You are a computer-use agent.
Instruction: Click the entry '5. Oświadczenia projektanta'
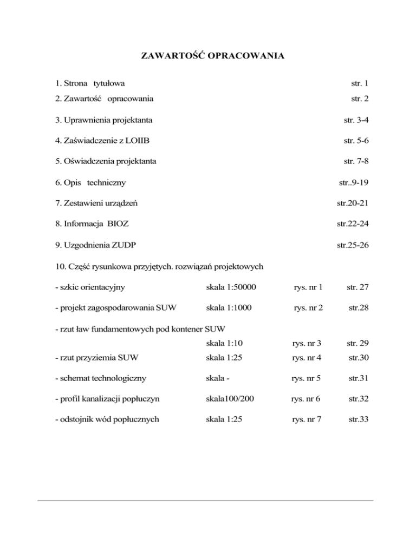click(107, 161)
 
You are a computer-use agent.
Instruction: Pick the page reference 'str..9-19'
click(353, 183)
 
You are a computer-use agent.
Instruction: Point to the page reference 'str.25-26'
click(353, 245)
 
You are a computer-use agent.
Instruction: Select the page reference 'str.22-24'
click(353, 224)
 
